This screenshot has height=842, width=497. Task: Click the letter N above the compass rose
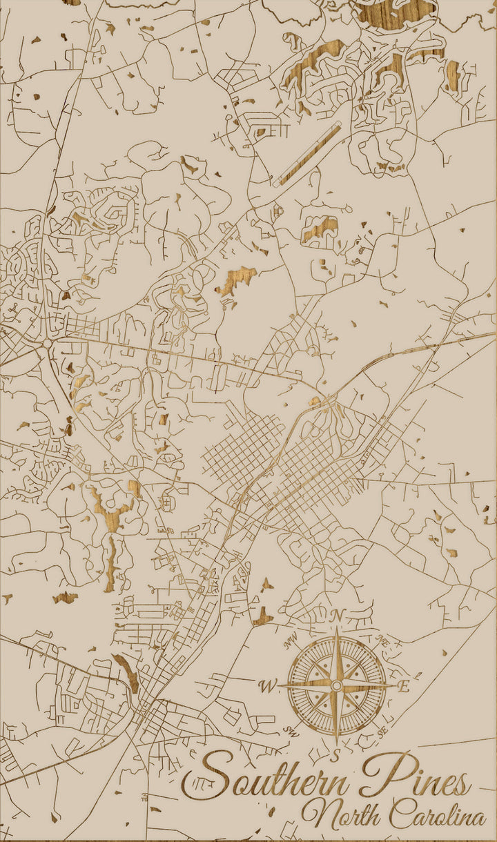pos(337,615)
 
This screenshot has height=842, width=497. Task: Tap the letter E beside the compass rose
pos(405,686)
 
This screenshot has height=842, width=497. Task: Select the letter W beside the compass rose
pos(266,686)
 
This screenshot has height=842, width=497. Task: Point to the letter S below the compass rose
pos(336,756)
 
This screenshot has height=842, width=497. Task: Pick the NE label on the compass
pos(382,643)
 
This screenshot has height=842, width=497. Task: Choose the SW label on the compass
pos(290,730)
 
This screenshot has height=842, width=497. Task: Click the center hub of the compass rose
pos(336,685)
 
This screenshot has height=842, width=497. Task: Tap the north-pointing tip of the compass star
pos(336,629)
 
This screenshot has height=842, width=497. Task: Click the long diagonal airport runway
pos(307,156)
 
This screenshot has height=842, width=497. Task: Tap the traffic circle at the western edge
pos(47,343)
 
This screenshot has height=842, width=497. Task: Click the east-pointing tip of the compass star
pos(393,685)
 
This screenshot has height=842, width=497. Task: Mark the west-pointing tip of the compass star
pos(280,685)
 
